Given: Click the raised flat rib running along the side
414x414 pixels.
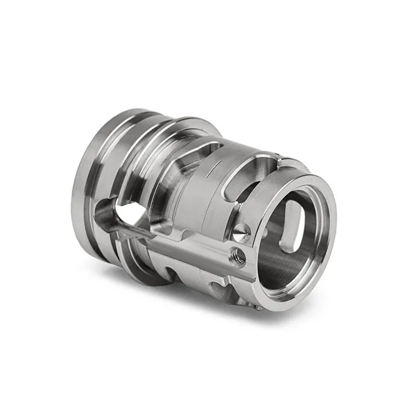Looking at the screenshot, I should pyautogui.click(x=194, y=246).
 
